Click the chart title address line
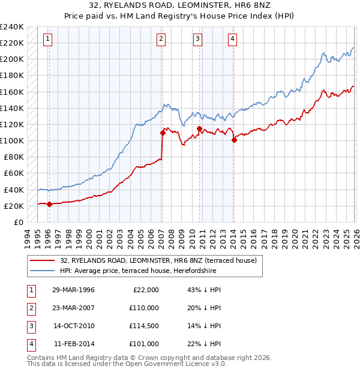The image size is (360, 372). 179,7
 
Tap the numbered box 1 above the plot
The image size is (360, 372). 47,40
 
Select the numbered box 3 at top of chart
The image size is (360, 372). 197,40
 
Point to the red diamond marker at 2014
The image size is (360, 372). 234,140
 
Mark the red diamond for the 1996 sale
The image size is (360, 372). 49,204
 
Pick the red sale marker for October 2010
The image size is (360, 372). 199,128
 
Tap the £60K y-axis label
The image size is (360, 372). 14,173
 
